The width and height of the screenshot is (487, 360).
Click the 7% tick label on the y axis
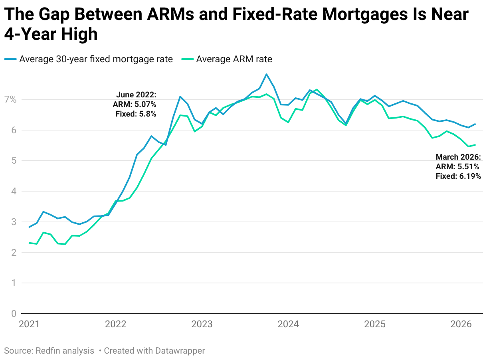[10, 99]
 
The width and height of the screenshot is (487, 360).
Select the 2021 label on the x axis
[29, 324]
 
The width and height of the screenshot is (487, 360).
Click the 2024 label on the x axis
[288, 324]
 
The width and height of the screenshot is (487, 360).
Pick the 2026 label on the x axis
[461, 324]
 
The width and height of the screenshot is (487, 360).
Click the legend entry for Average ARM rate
[234, 59]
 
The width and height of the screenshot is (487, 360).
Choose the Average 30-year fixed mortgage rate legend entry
[96, 59]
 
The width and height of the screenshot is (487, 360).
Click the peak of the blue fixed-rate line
[266, 74]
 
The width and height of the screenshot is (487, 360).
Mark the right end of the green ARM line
[475, 145]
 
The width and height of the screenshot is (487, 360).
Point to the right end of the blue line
[475, 124]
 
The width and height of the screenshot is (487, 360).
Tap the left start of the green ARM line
[29, 243]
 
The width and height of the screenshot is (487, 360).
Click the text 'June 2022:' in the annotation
[136, 95]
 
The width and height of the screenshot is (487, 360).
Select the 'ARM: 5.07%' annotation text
[135, 104]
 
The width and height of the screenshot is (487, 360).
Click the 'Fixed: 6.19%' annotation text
[458, 176]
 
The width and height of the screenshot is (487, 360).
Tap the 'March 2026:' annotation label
[458, 157]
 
